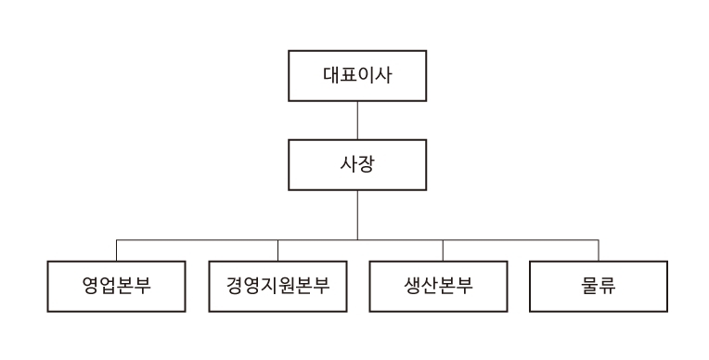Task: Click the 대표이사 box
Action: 357,75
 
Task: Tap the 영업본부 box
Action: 116,286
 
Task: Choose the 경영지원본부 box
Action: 277,286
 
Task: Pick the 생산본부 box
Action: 440,286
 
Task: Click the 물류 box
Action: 598,286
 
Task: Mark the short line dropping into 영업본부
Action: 116,251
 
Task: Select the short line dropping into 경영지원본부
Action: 277,251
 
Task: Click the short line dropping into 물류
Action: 599,251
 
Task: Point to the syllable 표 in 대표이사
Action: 348,75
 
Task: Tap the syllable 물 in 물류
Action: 588,286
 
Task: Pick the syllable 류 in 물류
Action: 608,286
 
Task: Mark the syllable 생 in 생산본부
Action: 411,286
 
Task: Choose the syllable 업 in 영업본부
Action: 107,286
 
